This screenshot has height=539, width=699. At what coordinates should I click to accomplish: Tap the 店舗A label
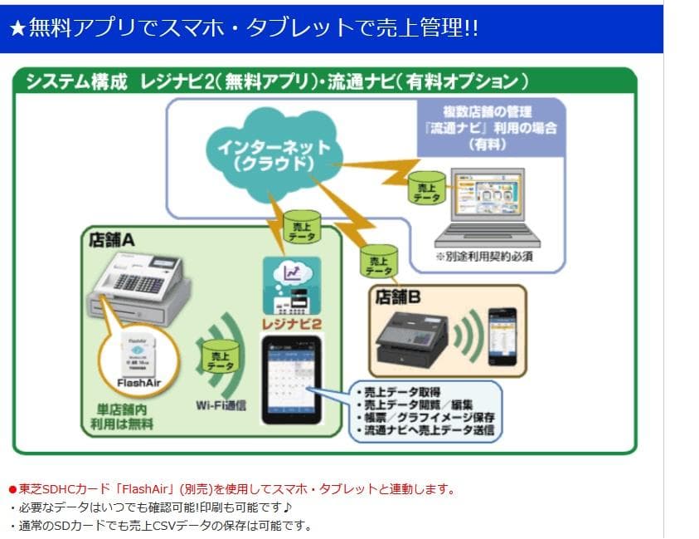tap(111, 239)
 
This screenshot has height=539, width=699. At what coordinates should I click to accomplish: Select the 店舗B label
tap(399, 297)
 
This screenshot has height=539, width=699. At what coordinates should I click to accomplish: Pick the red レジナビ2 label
tap(291, 321)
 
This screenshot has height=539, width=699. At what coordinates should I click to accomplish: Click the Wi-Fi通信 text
tap(221, 404)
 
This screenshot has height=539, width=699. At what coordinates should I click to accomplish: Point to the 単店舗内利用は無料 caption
tap(127, 416)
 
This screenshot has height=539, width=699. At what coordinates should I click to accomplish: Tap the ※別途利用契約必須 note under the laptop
tap(484, 257)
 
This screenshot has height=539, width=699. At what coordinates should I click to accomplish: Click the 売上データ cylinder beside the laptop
tap(426, 188)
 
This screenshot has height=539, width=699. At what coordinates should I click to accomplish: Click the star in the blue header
tap(17, 28)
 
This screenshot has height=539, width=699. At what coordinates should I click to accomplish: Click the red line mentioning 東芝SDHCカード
tap(231, 489)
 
